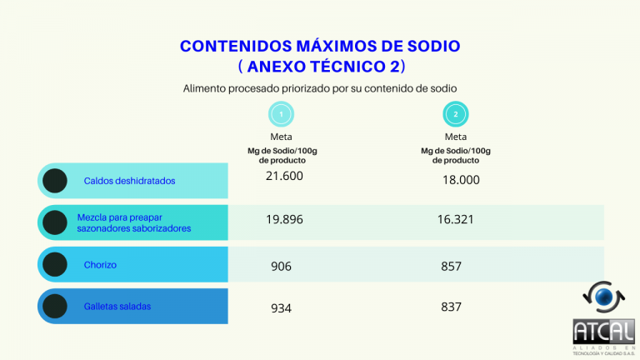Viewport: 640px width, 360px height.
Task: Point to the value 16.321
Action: click(x=456, y=219)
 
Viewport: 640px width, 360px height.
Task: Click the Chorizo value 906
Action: click(x=281, y=267)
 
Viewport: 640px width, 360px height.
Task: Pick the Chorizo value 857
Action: click(x=452, y=266)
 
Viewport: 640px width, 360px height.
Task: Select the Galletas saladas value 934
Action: click(x=281, y=308)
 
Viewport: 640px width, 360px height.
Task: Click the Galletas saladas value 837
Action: click(x=452, y=307)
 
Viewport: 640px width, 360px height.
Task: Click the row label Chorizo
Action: click(x=100, y=265)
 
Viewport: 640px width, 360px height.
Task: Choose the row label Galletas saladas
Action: click(x=117, y=306)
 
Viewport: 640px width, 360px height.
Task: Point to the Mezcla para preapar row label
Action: click(x=133, y=222)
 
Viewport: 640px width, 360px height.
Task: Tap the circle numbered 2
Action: click(x=456, y=114)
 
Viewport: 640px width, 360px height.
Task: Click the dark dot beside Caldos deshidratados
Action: click(x=55, y=180)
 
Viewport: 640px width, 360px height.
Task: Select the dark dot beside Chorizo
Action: click(x=55, y=265)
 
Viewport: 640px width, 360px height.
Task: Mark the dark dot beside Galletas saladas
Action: click(x=55, y=306)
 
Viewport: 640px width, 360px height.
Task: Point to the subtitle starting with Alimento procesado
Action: click(x=320, y=87)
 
